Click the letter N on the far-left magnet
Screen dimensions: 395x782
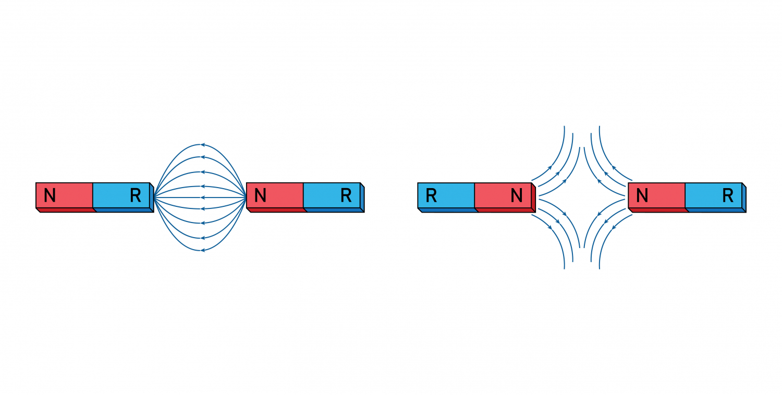point(50,195)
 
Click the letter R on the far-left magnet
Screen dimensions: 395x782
point(136,195)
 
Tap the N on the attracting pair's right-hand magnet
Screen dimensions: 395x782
point(260,195)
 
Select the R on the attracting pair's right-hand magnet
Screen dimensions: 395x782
point(346,195)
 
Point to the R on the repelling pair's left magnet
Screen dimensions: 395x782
point(431,195)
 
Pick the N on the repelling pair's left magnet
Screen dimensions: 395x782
point(517,195)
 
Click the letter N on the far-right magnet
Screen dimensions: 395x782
point(642,195)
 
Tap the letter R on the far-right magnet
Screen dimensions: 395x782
point(728,195)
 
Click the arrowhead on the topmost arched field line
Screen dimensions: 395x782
point(202,144)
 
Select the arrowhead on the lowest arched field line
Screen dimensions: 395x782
point(202,251)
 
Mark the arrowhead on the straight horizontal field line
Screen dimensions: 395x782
point(202,197)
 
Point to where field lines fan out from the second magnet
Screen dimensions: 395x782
point(246,197)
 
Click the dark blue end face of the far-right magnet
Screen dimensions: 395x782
point(744,199)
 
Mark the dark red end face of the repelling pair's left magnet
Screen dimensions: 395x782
point(533,199)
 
